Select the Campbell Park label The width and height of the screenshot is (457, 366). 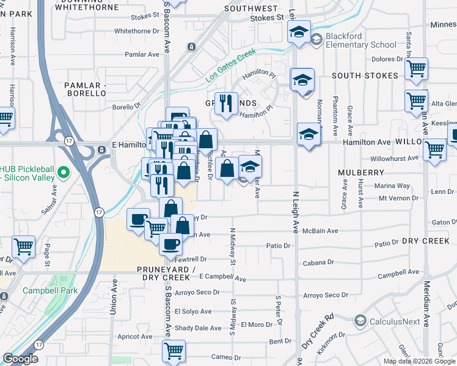pyautogui.click(x=50, y=291)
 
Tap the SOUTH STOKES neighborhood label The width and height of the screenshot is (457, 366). pyautogui.click(x=365, y=76)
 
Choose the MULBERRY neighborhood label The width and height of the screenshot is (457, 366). pyautogui.click(x=360, y=173)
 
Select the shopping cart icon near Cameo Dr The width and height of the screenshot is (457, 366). pyautogui.click(x=174, y=351)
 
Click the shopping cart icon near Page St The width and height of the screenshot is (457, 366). pyautogui.click(x=23, y=246)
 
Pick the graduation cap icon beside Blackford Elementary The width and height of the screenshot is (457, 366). pyautogui.click(x=299, y=32)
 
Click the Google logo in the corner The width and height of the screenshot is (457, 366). pyautogui.click(x=21, y=358)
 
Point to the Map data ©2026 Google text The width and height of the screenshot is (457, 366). pyautogui.click(x=419, y=361)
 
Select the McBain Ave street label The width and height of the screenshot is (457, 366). pyautogui.click(x=324, y=231)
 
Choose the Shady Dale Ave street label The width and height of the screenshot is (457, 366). pyautogui.click(x=198, y=328)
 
